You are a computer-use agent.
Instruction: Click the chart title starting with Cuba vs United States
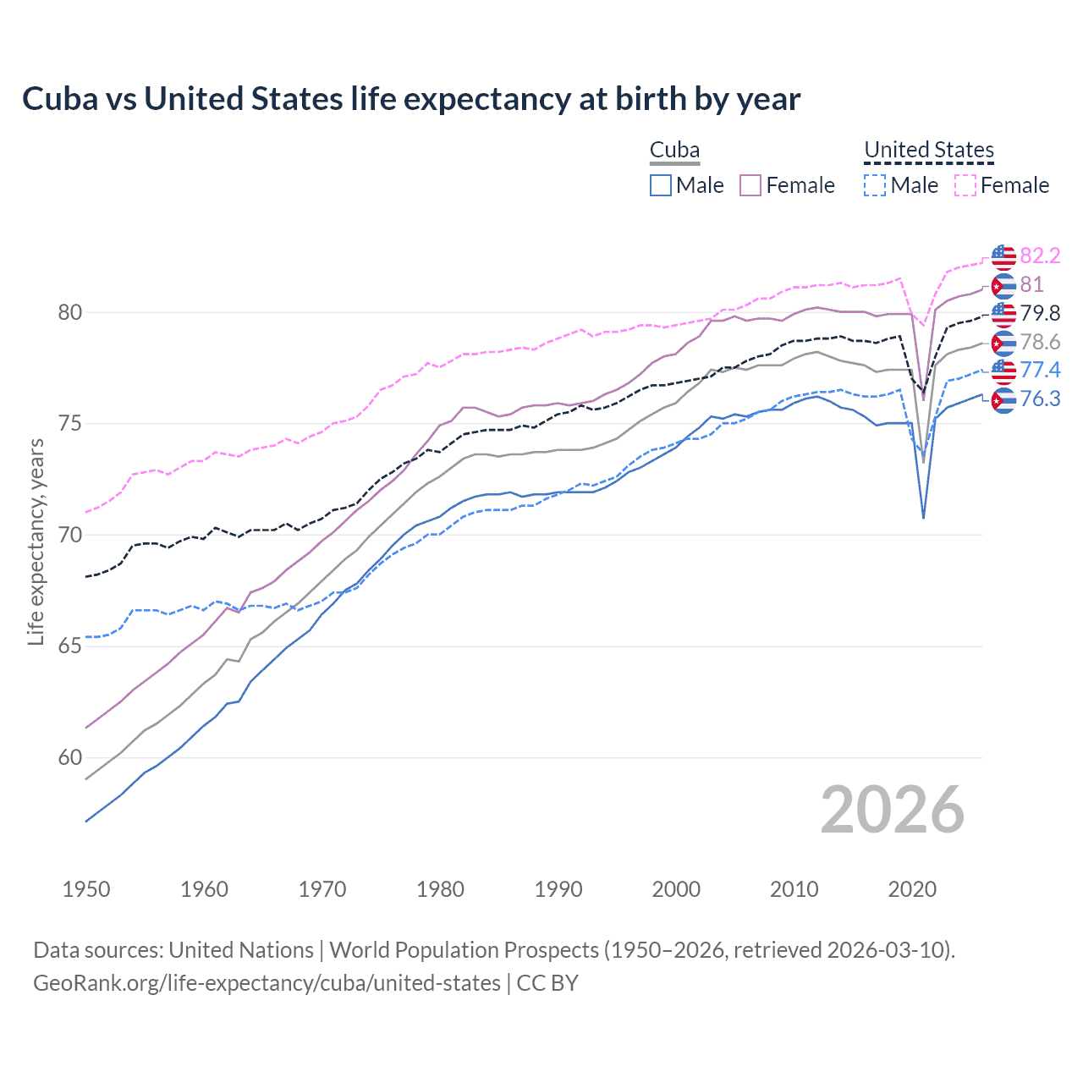411,99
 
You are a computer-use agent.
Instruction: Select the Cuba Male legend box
661,185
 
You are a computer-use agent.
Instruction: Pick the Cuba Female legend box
750,185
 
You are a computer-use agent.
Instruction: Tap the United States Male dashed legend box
875,185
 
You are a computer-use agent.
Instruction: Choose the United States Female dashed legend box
965,185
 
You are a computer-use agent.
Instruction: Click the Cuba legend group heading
674,150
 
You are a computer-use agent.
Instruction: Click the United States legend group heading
928,150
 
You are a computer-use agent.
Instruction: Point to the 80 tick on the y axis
69,312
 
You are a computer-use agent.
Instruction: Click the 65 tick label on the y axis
69,646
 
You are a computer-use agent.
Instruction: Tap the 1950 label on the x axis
86,889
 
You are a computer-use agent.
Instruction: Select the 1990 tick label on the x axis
558,889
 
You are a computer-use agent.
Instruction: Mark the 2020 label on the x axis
912,889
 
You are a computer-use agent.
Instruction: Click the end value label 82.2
1040,256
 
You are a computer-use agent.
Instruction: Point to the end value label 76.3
1040,399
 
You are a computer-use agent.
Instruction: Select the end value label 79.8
1040,313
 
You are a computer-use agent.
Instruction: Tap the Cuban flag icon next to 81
1003,286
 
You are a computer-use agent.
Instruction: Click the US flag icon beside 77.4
1003,371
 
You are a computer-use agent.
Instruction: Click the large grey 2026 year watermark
893,810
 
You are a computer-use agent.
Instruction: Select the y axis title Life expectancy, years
36,541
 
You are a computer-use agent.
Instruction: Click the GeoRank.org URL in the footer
267,983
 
